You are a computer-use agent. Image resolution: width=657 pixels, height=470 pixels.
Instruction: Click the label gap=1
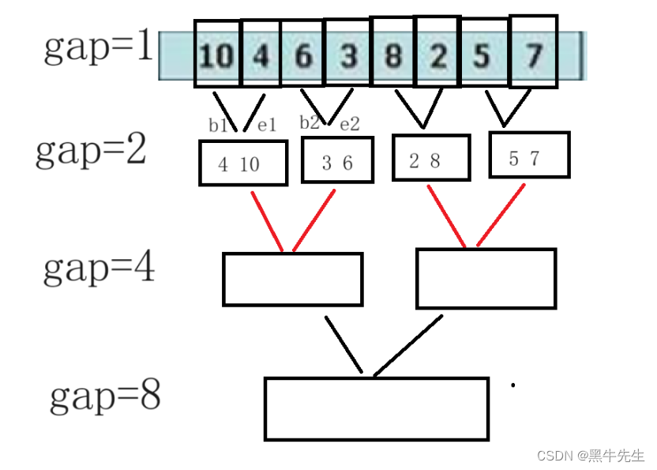tap(97, 49)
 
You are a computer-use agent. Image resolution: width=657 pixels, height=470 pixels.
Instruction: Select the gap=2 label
tap(91, 150)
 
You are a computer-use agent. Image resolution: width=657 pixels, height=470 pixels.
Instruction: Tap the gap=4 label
tap(99, 269)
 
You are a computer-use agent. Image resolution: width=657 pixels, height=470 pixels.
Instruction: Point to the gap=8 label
tap(105, 397)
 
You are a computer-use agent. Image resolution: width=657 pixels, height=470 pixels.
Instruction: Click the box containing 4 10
tap(242, 164)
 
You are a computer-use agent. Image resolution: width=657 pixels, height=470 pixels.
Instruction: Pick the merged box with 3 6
tap(337, 160)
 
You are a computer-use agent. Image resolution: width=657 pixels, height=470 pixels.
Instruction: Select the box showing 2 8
tap(430, 158)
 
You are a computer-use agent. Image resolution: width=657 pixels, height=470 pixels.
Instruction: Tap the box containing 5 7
tap(528, 155)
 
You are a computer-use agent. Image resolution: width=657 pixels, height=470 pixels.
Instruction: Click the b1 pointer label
tap(217, 125)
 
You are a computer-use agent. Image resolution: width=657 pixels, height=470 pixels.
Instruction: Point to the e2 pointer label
tap(349, 124)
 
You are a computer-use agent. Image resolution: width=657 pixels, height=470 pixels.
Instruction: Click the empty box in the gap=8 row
tap(376, 408)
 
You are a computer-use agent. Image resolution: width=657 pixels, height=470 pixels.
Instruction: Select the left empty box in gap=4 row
tap(292, 279)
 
